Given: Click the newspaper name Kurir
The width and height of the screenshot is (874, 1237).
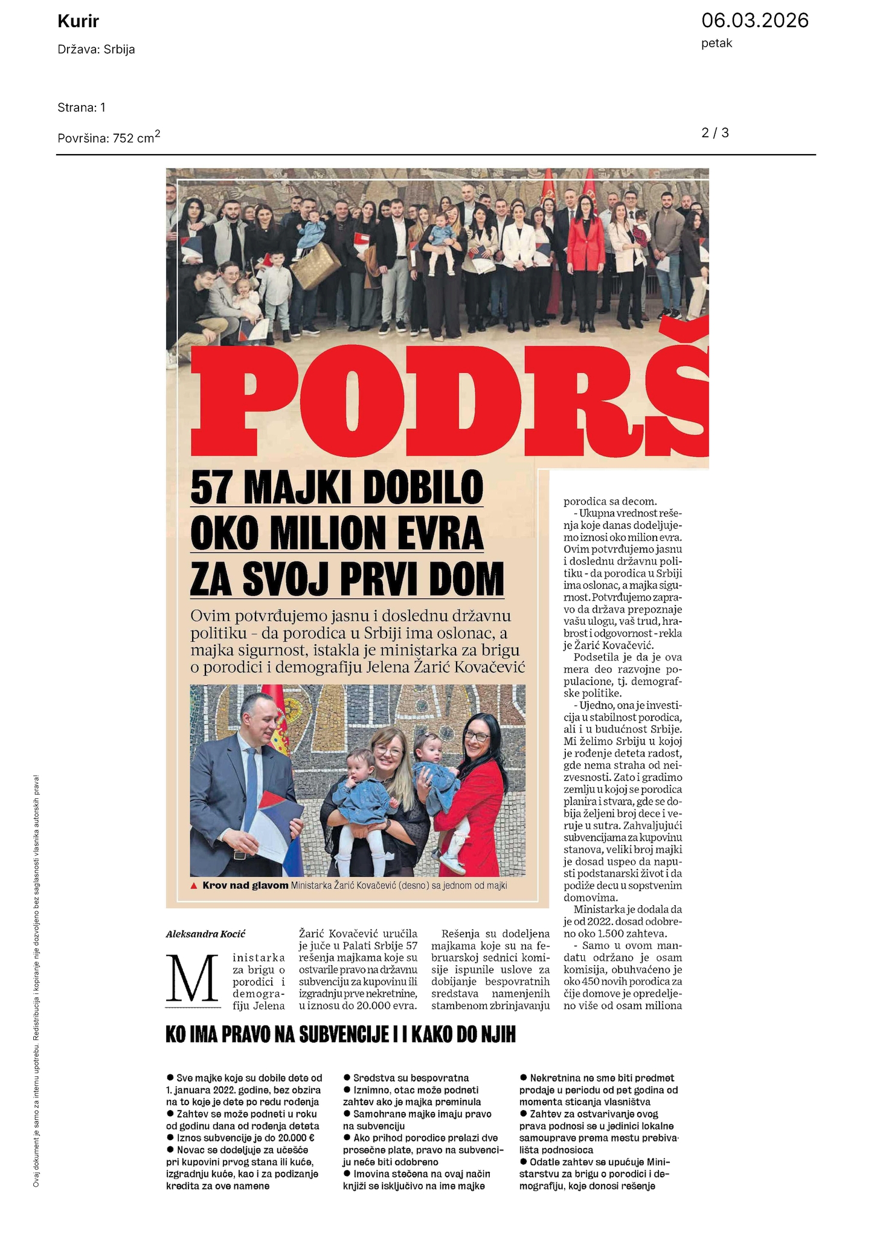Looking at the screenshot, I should coord(78,22).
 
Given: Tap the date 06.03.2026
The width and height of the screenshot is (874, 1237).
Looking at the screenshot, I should coord(754,21).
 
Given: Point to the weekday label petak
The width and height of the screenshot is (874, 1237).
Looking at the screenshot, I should coord(716,44).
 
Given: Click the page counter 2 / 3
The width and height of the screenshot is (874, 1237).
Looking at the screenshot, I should coord(715,132).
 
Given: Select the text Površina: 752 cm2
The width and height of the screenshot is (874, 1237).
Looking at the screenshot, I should coord(109,137).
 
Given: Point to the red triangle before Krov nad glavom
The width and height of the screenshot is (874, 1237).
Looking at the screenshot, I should coord(194,886).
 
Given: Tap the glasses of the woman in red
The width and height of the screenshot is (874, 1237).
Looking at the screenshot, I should coord(477,737).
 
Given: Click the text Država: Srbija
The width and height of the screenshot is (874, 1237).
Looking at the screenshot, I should coord(96,50).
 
